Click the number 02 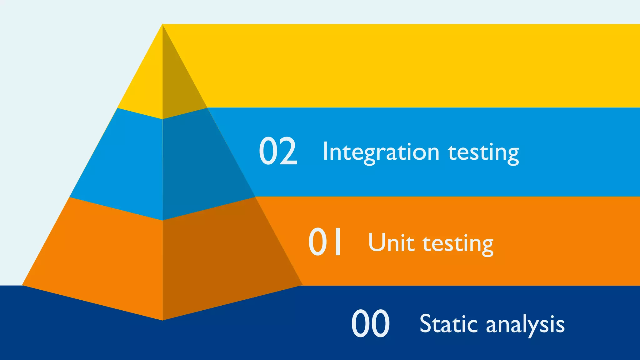click(x=278, y=151)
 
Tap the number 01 click(x=325, y=242)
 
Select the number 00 click(x=370, y=323)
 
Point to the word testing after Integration click(x=483, y=153)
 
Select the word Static click(x=448, y=324)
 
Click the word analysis click(x=525, y=325)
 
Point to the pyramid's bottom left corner click(x=23, y=285)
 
